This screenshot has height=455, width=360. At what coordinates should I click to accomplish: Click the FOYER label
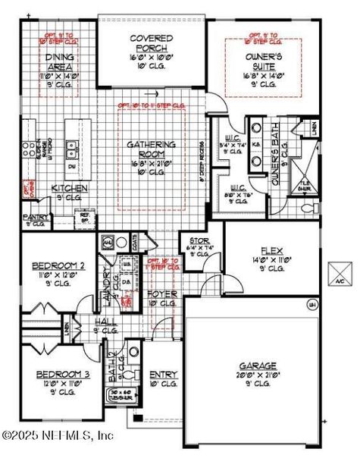click(x=162, y=293)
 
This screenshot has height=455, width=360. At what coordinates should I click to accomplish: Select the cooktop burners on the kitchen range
click(x=30, y=149)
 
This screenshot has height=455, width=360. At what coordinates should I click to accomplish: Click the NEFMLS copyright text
click(x=58, y=435)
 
